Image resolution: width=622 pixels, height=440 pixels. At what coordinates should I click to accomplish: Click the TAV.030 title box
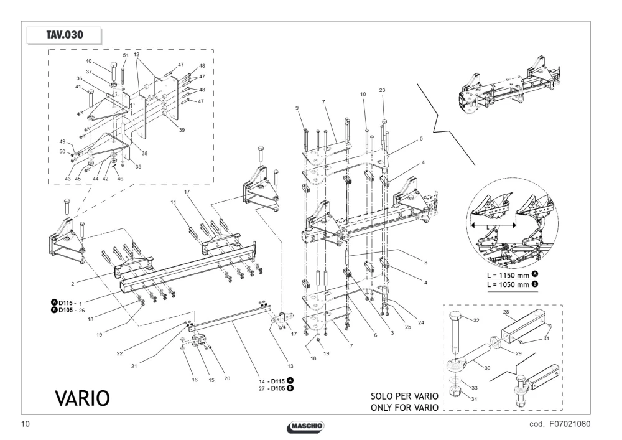[x=64, y=35]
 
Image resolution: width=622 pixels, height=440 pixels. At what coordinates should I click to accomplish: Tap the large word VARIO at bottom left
[x=82, y=398]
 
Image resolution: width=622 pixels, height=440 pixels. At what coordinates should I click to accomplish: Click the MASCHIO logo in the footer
[x=305, y=426]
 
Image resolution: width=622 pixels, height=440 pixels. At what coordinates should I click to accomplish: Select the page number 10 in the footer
[x=25, y=424]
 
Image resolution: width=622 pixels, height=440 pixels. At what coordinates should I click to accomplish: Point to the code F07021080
[x=560, y=424]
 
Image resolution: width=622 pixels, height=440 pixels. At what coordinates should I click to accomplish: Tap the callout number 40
[x=88, y=61]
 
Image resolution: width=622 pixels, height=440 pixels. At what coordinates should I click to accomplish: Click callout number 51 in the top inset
[x=126, y=55]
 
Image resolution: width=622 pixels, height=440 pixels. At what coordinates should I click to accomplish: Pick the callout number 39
[x=182, y=129]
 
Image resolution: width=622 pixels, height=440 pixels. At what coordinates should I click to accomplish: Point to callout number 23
[x=382, y=90]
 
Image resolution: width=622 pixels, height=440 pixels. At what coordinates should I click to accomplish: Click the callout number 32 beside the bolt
[x=476, y=320]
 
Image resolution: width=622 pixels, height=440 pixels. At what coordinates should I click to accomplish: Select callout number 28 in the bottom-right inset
[x=506, y=312]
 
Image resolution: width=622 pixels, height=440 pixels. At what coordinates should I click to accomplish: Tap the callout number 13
[x=290, y=366]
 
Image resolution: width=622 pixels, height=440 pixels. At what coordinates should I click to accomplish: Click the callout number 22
[x=119, y=353]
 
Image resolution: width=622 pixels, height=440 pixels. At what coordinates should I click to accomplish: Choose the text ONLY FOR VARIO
[x=405, y=408]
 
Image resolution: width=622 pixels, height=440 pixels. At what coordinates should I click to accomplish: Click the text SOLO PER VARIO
[x=405, y=396]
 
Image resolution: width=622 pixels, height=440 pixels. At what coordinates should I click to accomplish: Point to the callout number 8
[x=425, y=263]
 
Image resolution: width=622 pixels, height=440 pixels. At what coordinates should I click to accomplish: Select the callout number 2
[x=73, y=284]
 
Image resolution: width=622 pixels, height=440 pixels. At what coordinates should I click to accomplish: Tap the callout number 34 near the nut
[x=474, y=399]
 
